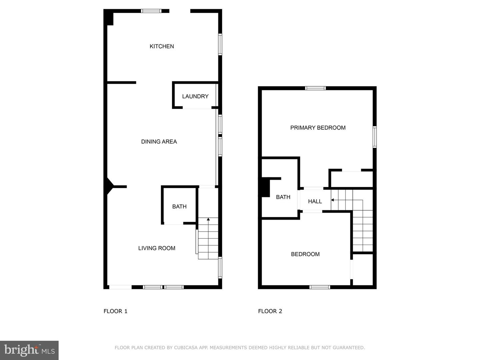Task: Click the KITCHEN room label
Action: click(162, 46)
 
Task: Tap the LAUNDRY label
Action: click(195, 96)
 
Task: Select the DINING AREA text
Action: click(159, 142)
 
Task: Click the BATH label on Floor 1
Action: click(179, 207)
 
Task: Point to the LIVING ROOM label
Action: click(157, 248)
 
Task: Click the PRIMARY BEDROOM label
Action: click(318, 128)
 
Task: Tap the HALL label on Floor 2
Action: click(315, 201)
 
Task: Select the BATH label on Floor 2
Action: click(283, 197)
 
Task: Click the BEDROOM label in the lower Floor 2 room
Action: click(305, 254)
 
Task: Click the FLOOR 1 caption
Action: click(115, 311)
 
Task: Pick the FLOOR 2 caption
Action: click(270, 311)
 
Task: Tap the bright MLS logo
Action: click(29, 350)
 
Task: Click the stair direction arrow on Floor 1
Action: click(208, 219)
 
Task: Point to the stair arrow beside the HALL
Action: click(332, 200)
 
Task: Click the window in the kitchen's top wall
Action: click(151, 11)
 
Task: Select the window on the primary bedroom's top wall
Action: click(315, 88)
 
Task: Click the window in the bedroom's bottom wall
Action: click(319, 287)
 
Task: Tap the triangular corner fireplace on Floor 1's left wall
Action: click(109, 186)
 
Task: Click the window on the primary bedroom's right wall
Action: click(374, 137)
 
